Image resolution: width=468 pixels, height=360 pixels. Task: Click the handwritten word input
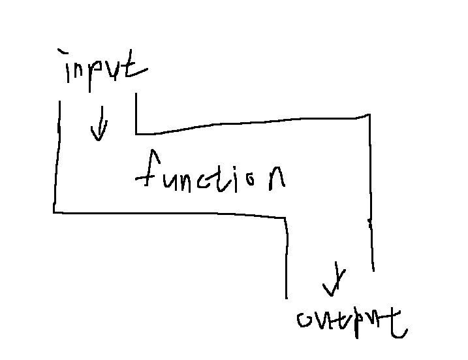104,67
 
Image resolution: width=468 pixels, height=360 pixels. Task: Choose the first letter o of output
305,320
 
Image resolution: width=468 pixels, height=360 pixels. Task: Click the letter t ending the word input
136,65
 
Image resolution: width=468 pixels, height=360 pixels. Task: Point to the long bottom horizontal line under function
170,213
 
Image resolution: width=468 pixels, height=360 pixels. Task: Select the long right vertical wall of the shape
371,189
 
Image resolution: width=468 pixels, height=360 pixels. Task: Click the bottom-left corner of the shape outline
54,211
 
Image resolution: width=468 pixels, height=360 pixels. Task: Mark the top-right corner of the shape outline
369,116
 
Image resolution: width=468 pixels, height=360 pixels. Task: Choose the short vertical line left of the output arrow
286,258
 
